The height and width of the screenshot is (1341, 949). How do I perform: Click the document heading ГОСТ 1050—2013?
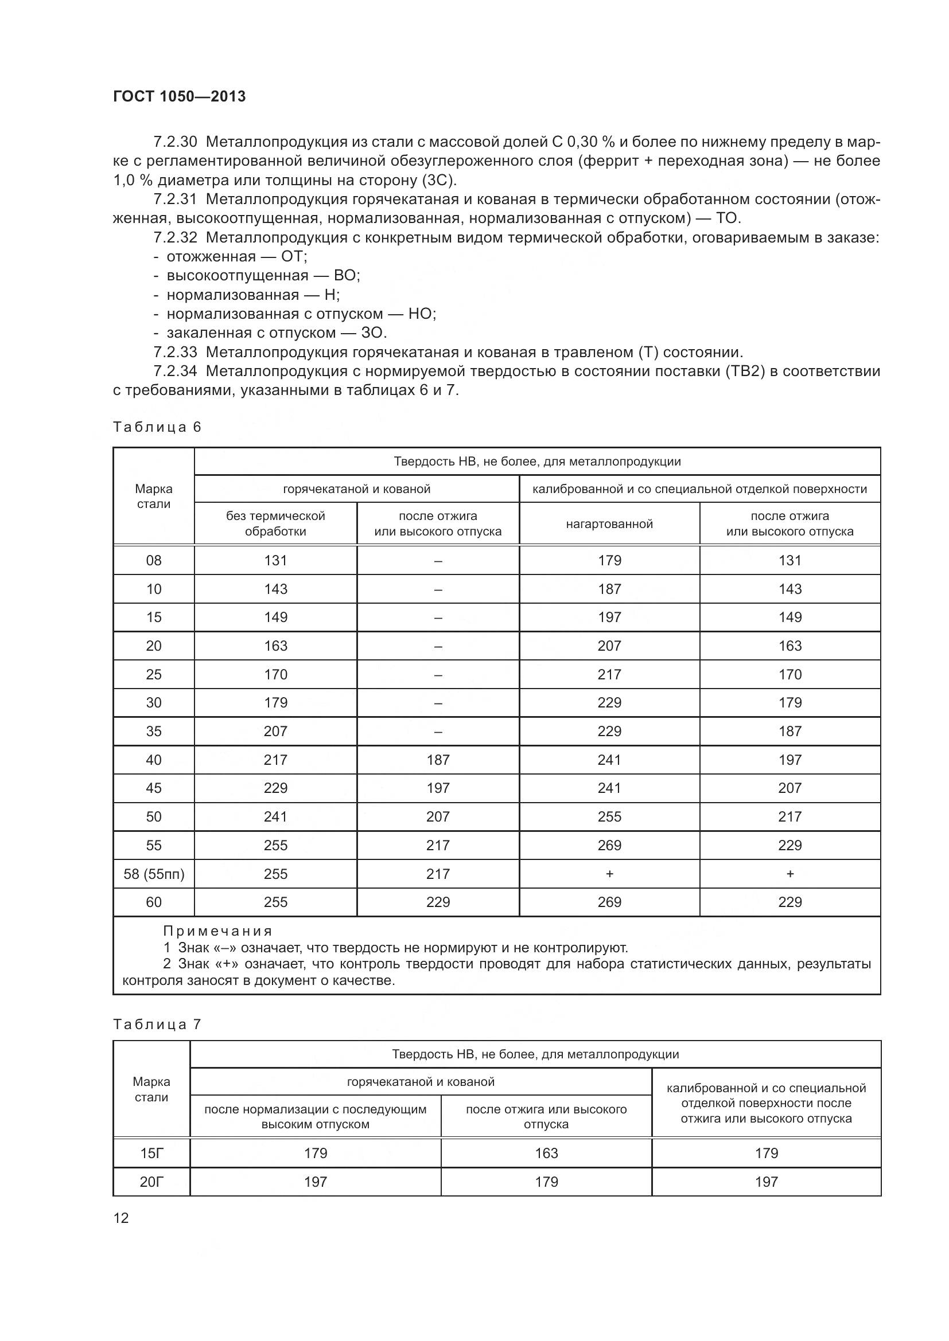coord(180,96)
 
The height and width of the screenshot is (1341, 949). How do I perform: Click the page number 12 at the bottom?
coord(121,1218)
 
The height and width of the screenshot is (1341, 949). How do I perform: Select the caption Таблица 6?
coord(157,427)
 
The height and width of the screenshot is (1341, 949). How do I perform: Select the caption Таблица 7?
coord(157,1025)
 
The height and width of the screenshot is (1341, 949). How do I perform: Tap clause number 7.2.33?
coord(175,352)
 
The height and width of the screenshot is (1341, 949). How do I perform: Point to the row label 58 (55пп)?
coord(154,874)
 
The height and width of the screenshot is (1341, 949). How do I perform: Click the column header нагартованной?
coord(609,524)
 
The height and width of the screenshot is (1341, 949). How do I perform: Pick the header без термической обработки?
coord(275,524)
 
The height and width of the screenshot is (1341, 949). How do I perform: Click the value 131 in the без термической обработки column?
coord(275,561)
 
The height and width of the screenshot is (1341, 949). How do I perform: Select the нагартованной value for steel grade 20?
coord(609,646)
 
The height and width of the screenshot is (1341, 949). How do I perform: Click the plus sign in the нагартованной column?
coord(609,874)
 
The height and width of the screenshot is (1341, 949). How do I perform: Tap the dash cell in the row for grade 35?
coord(438,731)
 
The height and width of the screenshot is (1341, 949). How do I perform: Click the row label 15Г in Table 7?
coord(151,1154)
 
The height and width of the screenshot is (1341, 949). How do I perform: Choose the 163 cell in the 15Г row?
coord(546,1154)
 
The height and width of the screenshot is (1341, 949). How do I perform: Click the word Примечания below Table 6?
coord(217,931)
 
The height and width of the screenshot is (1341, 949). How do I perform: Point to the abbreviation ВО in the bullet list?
coord(345,276)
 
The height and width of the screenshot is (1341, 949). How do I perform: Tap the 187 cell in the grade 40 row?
coord(438,760)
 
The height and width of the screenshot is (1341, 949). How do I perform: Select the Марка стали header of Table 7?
coord(151,1089)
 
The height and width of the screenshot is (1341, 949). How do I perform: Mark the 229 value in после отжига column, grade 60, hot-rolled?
coord(438,902)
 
